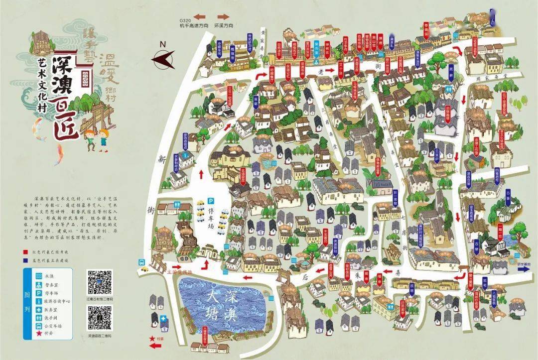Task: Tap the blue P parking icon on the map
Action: click(211, 201)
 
